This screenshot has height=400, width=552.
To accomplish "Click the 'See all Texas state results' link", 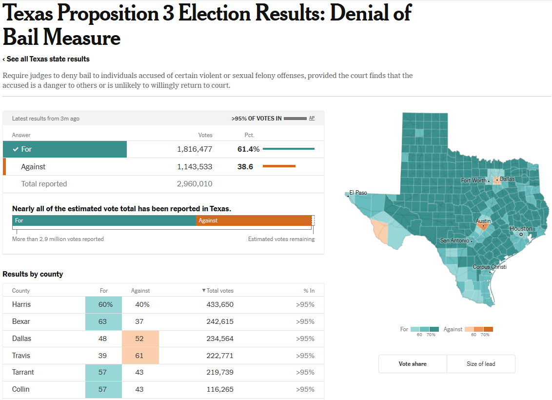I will coord(46,59).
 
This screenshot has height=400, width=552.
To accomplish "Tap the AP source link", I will coord(312,118).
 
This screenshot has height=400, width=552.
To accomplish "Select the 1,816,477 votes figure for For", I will coord(195,149).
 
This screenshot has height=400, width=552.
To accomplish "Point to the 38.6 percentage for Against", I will coord(245,167).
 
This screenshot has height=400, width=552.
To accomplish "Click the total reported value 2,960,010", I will coord(195,184).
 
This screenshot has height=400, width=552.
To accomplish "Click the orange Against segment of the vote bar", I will coord(254,220).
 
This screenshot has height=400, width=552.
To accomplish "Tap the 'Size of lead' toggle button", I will coord(481,364).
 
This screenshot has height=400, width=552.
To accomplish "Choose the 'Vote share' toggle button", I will coord(413,364).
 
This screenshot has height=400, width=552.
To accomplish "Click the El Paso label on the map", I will coord(358,193).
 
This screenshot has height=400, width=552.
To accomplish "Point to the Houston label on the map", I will coord(521,229).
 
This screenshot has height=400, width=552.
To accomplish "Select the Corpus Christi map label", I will coord(490,267).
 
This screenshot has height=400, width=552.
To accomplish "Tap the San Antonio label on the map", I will coord(454,240).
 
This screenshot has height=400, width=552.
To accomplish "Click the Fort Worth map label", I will coord(473,180).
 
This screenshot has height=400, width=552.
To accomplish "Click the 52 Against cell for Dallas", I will coord(139,339).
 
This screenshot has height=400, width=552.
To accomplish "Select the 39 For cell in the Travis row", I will coord(102,356).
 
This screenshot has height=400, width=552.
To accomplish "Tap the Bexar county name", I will coord(21,321).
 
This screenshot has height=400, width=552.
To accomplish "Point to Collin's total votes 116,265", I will coord(220,389).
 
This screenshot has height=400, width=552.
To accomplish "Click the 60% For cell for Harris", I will coord(103,304).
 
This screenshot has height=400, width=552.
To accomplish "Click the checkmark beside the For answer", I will coord(16,149).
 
